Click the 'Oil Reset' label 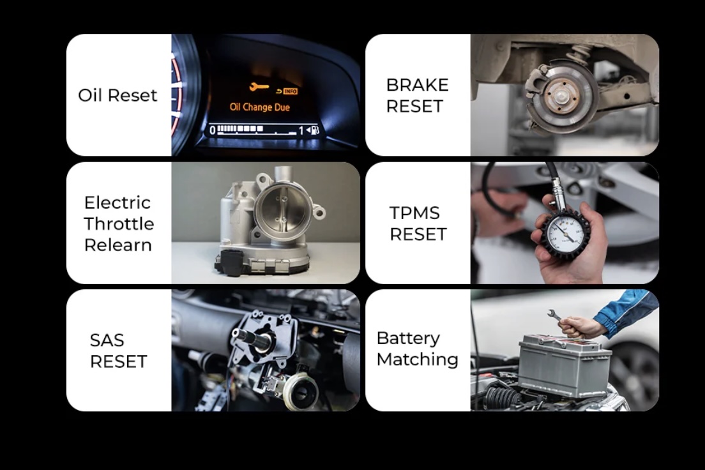117,95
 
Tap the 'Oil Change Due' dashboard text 259,107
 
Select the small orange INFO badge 290,91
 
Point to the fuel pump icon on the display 313,130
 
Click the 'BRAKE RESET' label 417,95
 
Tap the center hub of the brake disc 561,96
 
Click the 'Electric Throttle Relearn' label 119,224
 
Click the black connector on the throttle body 231,262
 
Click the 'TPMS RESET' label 417,224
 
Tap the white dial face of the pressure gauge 565,234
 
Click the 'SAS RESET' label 118,351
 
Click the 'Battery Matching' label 417,349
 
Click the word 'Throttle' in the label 119,224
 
